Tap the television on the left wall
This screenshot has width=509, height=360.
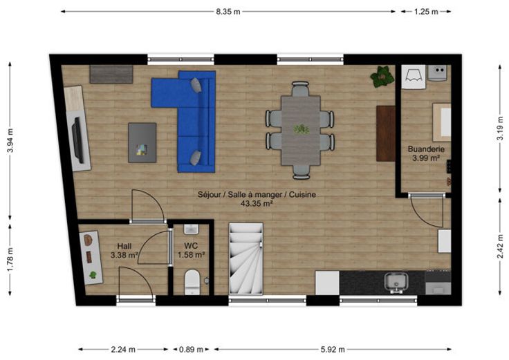pyautogui.click(x=78, y=140)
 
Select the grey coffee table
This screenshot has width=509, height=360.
pyautogui.click(x=142, y=143)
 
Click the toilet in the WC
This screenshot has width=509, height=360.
pyautogui.click(x=192, y=282)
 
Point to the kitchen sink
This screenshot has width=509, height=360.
pyautogui.click(x=396, y=282)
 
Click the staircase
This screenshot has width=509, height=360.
pyautogui.click(x=246, y=258)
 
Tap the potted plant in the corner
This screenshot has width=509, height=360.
pyautogui.click(x=382, y=77)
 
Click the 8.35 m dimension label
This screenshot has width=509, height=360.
pyautogui.click(x=228, y=12)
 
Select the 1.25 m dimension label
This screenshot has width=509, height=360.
pyautogui.click(x=426, y=12)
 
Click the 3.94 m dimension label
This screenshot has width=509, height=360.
pyautogui.click(x=10, y=140)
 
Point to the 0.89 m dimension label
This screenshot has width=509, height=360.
pyautogui.click(x=191, y=350)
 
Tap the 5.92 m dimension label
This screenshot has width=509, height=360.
pyautogui.click(x=333, y=350)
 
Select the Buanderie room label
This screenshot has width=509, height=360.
pyautogui.click(x=426, y=149)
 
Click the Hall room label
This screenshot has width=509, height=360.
pyautogui.click(x=124, y=246)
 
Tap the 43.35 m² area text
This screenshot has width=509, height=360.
pyautogui.click(x=257, y=204)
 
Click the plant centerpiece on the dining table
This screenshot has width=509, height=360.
pyautogui.click(x=302, y=129)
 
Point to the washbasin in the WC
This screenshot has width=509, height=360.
pyautogui.click(x=191, y=229)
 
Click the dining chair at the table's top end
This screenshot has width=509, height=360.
pyautogui.click(x=300, y=88)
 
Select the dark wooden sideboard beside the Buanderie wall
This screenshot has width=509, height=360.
pyautogui.click(x=386, y=133)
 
